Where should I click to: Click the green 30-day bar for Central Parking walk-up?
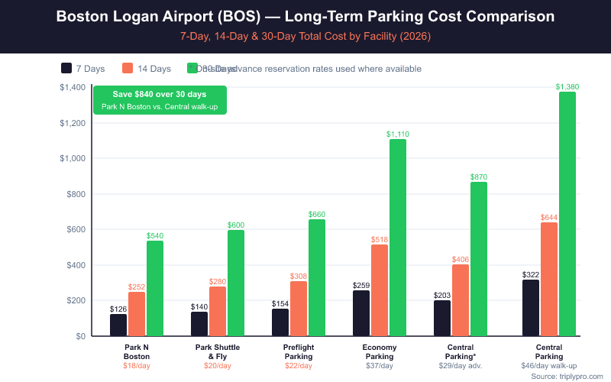click(x=567, y=214)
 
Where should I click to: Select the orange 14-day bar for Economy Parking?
click(x=380, y=290)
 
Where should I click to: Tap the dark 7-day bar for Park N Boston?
click(x=118, y=325)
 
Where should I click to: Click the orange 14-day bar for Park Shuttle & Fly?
click(x=218, y=311)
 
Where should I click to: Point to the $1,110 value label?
click(x=398, y=134)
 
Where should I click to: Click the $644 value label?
click(x=549, y=218)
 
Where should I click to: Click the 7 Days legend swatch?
click(x=66, y=69)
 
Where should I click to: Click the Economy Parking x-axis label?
click(x=380, y=351)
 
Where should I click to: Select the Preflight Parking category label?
click(x=299, y=351)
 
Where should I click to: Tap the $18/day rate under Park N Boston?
click(x=137, y=366)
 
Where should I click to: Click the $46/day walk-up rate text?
click(x=549, y=366)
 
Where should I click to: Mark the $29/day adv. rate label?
click(x=461, y=366)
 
